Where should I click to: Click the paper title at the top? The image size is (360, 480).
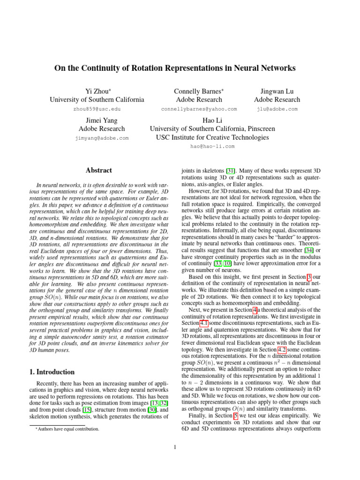(x=175, y=68)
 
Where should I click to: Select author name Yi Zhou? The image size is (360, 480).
(x=97, y=90)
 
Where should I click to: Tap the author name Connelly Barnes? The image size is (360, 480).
(x=199, y=90)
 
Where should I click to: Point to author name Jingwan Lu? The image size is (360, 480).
(x=277, y=90)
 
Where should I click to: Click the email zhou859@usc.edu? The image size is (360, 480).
(x=97, y=109)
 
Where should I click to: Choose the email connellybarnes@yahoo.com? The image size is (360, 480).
(x=199, y=109)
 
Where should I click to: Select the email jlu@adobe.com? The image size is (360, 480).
(x=277, y=109)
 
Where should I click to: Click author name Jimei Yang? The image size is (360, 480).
(x=102, y=120)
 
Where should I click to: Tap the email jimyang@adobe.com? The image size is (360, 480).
(x=102, y=138)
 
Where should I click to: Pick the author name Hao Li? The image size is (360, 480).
(x=212, y=120)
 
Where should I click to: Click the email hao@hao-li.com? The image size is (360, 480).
(x=212, y=146)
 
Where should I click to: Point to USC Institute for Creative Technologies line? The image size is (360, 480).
(x=212, y=137)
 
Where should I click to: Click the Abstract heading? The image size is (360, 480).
(x=99, y=171)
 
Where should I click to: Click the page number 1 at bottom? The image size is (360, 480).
(x=175, y=447)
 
